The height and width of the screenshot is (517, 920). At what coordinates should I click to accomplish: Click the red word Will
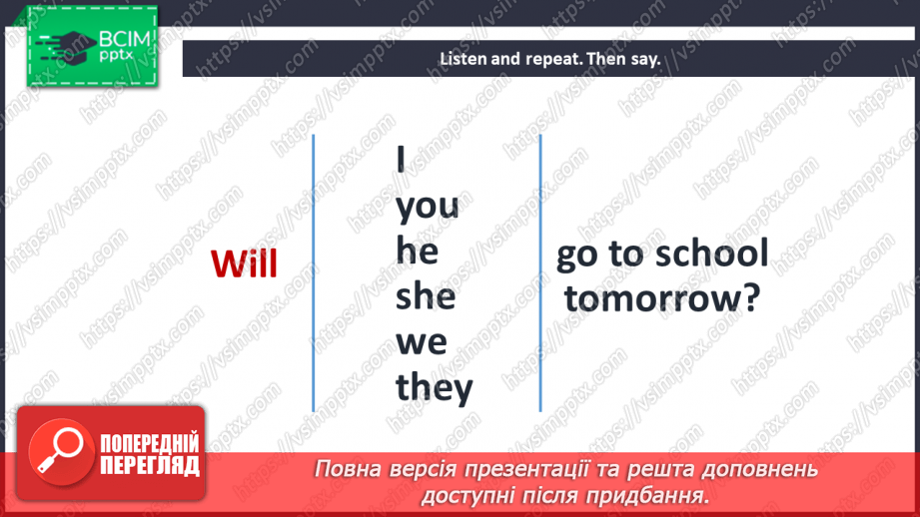pyautogui.click(x=244, y=263)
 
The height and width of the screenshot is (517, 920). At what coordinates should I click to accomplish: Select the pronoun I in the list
pyautogui.click(x=402, y=161)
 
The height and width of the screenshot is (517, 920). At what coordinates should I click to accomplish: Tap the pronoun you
pyautogui.click(x=427, y=207)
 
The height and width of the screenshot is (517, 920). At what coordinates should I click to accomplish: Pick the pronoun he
pyautogui.click(x=417, y=252)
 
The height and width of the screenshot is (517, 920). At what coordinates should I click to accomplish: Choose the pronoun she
pyautogui.click(x=425, y=296)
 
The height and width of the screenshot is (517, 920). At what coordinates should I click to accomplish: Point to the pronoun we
pyautogui.click(x=422, y=342)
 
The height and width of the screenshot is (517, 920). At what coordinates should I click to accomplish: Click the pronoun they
pyautogui.click(x=434, y=386)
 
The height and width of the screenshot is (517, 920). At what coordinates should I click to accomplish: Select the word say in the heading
pyautogui.click(x=645, y=60)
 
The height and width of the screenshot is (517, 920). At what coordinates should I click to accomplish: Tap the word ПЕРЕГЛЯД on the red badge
pyautogui.click(x=150, y=465)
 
